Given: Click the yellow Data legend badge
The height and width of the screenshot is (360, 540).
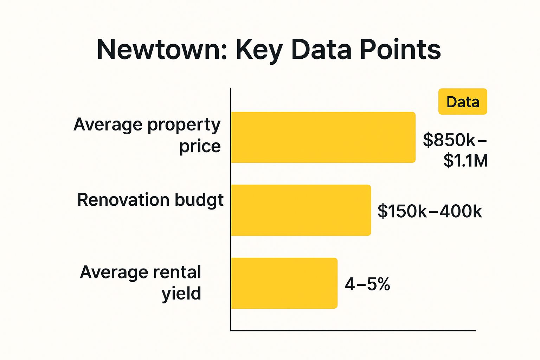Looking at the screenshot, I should pos(463,102).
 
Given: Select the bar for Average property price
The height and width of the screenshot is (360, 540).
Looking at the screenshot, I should pos(323,137).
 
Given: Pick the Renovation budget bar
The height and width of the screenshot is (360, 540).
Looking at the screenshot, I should pos(301,210).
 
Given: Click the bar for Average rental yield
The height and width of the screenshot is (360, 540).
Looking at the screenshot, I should pos(284,283).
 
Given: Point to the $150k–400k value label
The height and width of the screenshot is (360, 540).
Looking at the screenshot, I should pos(430,211).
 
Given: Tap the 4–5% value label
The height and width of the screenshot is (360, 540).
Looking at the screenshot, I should pos(367,284).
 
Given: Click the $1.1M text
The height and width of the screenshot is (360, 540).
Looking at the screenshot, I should pos(465,160).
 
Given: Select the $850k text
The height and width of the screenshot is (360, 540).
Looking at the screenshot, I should pos(450,140).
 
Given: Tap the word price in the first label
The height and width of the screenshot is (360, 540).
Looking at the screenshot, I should pos(200,146).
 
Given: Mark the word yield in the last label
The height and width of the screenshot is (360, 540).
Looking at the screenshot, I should pos(181,293).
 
